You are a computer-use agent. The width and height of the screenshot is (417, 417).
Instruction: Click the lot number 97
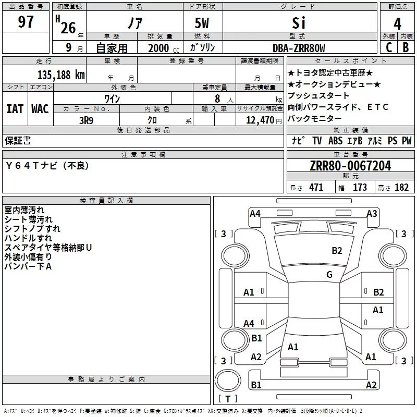[26, 22]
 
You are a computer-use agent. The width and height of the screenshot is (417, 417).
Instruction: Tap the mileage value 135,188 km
[61, 75]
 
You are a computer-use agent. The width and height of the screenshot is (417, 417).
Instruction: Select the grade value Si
[299, 23]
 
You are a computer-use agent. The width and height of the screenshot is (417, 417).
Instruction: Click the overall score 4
[397, 24]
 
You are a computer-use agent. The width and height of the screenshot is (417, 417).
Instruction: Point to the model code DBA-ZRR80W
[299, 48]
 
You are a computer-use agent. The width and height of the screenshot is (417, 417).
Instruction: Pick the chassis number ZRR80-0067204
[350, 166]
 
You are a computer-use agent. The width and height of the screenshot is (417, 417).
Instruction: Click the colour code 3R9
[87, 120]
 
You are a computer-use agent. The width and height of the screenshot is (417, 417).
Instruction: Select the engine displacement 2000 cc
[164, 48]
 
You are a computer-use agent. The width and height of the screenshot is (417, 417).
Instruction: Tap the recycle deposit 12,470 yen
[264, 120]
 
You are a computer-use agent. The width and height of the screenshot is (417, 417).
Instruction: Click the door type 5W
[202, 23]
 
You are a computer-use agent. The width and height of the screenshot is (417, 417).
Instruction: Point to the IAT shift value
[15, 109]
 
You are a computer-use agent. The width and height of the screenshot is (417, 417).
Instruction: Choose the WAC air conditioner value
[40, 109]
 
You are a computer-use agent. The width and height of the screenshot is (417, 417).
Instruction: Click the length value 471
[316, 187]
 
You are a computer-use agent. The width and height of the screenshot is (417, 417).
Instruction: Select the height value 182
[401, 187]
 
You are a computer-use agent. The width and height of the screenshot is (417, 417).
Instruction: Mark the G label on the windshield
[329, 274]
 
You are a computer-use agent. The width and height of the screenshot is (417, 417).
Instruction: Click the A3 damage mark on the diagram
[372, 214]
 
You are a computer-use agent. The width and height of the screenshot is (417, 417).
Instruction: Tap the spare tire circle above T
[228, 381]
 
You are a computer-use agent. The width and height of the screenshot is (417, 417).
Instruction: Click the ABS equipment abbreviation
[335, 140]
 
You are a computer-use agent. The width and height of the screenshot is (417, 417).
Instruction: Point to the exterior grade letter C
[389, 47]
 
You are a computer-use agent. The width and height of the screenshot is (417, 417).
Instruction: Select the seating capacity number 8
[217, 99]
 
